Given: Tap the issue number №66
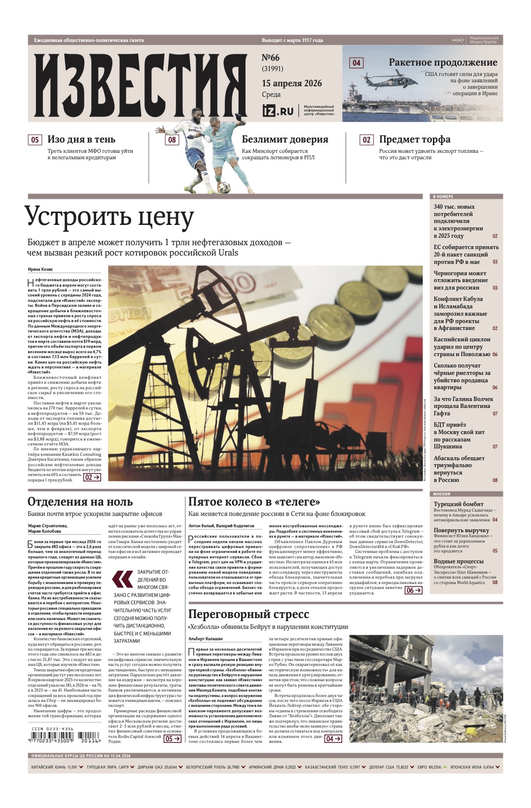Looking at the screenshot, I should (x=271, y=58).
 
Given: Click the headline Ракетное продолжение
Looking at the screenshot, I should (x=442, y=63).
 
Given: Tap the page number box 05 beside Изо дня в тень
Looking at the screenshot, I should (x=35, y=140).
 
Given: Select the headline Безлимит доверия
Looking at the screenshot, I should (x=284, y=140).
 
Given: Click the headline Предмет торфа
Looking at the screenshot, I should (x=414, y=140).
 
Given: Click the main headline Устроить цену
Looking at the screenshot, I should (x=109, y=217).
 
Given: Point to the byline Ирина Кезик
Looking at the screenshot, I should (x=40, y=269).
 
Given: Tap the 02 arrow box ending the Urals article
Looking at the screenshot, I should (x=92, y=477).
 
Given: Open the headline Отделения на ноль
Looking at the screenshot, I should (x=80, y=502).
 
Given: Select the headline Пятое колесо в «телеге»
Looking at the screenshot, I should (x=254, y=502).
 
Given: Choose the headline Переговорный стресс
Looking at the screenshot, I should (x=248, y=614).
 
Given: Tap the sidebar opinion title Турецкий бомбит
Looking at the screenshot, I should (x=459, y=504).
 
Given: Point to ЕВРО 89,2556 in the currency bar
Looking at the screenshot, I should (x=429, y=767).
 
